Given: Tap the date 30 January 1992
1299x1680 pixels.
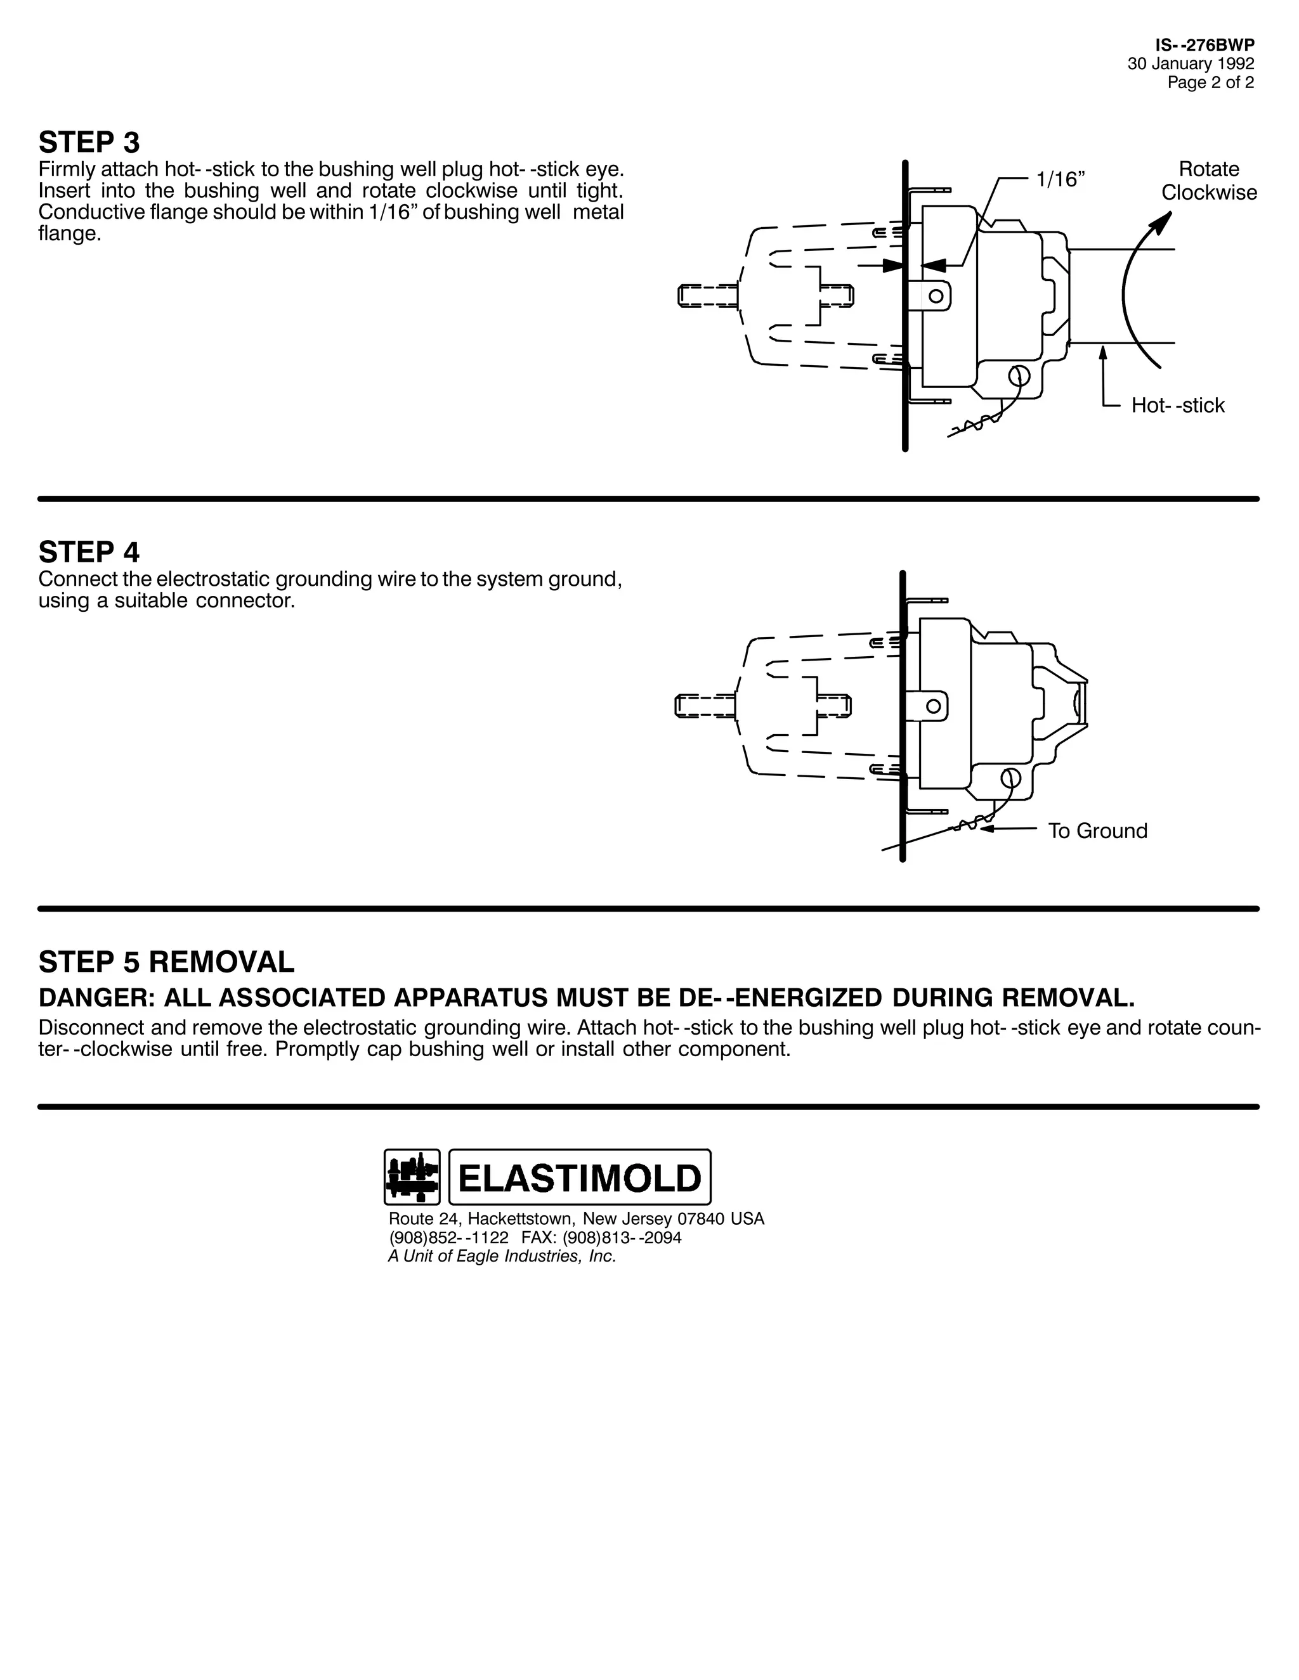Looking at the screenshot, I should point(1191,64).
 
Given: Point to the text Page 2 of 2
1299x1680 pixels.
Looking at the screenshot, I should point(1210,82).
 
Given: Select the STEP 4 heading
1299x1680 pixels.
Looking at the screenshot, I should point(89,552).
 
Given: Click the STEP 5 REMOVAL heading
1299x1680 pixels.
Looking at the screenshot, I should point(166,962).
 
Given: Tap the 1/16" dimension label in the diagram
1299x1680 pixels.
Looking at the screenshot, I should point(1060,179).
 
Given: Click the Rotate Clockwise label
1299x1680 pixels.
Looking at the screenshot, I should point(1209,181).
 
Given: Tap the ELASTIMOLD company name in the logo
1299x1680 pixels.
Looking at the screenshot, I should point(580,1178).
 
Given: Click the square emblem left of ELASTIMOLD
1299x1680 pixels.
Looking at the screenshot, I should point(412,1177).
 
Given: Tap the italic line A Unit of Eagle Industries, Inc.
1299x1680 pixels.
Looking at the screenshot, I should point(502,1256).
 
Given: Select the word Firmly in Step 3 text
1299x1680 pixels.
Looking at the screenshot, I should point(67,169).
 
